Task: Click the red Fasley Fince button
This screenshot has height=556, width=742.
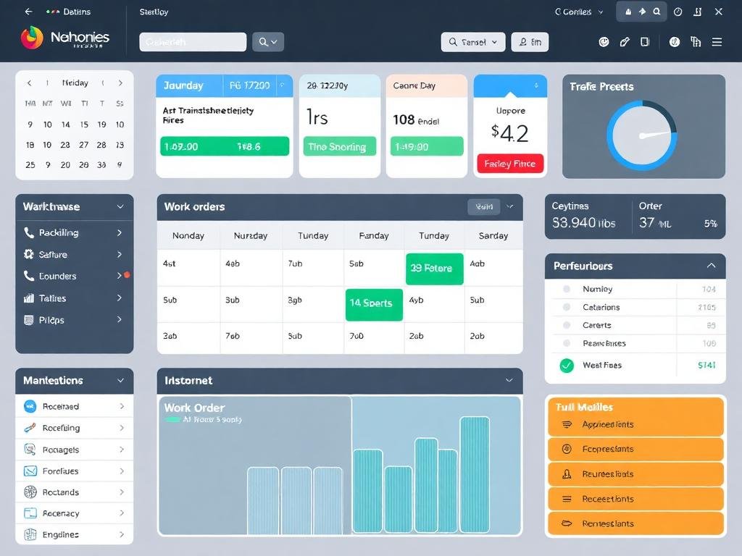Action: pos(509,164)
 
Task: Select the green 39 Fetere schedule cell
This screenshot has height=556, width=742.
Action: pos(435,269)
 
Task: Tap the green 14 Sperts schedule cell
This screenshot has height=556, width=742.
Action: pos(374,303)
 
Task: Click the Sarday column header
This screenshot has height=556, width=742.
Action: pos(493,235)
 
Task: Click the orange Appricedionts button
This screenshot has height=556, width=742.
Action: pos(635,425)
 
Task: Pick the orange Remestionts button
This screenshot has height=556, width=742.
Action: pos(635,523)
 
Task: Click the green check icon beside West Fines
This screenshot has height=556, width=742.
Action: pos(567,366)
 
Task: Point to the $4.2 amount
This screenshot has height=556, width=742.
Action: pos(509,133)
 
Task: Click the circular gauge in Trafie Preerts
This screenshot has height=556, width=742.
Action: pos(642,135)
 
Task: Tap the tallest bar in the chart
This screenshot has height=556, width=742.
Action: pos(475,474)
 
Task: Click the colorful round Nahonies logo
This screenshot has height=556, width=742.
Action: pos(32,38)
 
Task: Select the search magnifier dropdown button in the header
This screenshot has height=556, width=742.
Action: pos(267,42)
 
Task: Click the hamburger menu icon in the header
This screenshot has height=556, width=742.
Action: pos(717,42)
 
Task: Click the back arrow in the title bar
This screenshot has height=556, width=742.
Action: pos(28,12)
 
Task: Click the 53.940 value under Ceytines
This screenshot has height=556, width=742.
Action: pos(584,223)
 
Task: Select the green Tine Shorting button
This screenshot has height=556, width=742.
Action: pos(340,147)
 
